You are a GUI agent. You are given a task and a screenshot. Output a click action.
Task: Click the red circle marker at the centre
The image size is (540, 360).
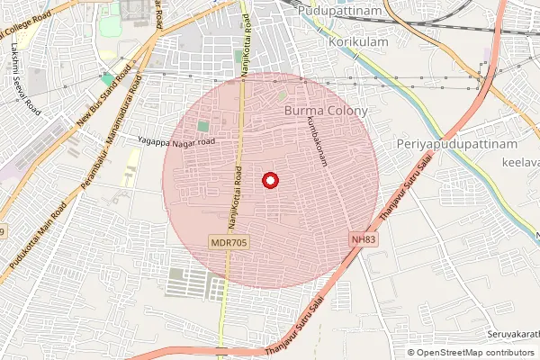(x=268, y=180)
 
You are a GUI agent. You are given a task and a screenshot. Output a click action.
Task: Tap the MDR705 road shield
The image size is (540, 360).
(x=229, y=242)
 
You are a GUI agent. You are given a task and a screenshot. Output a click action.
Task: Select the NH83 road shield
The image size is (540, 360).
(x=363, y=239)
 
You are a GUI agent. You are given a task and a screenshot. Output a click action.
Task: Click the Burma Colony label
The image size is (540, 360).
(x=326, y=111)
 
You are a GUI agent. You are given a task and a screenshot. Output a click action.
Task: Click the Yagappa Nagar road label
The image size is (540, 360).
(x=176, y=141)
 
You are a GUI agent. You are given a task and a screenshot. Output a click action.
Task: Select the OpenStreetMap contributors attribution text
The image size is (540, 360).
(x=472, y=352)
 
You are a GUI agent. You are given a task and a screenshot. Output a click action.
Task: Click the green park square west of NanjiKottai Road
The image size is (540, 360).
(x=202, y=127)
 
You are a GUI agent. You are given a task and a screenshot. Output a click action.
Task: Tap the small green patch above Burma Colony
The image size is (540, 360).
(x=282, y=94)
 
